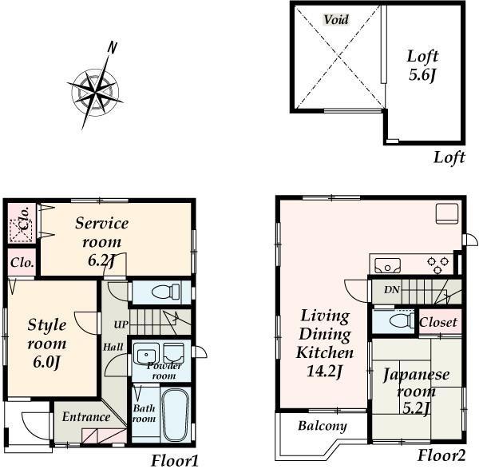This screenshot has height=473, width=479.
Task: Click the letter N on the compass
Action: pyautogui.click(x=113, y=47)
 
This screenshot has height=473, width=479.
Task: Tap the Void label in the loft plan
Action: pyautogui.click(x=336, y=20)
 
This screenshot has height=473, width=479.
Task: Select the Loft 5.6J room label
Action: pyautogui.click(x=422, y=66)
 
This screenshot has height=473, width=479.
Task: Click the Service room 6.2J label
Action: pyautogui.click(x=102, y=240)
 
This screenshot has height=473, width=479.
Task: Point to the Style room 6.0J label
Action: pyautogui.click(x=47, y=343)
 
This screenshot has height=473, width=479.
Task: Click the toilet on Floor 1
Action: pyautogui.click(x=159, y=292)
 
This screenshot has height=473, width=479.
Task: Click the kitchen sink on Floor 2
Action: pyautogui.click(x=387, y=264)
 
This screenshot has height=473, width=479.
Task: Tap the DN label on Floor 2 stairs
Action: pyautogui.click(x=391, y=290)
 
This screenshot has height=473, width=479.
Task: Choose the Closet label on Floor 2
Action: pyautogui.click(x=438, y=323)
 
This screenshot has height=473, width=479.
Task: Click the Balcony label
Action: pyautogui.click(x=323, y=426)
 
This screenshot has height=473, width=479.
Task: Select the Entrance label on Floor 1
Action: pyautogui.click(x=86, y=416)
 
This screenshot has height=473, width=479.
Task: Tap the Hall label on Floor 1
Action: pyautogui.click(x=112, y=347)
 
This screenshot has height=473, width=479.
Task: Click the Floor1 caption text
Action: pyautogui.click(x=174, y=461)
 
